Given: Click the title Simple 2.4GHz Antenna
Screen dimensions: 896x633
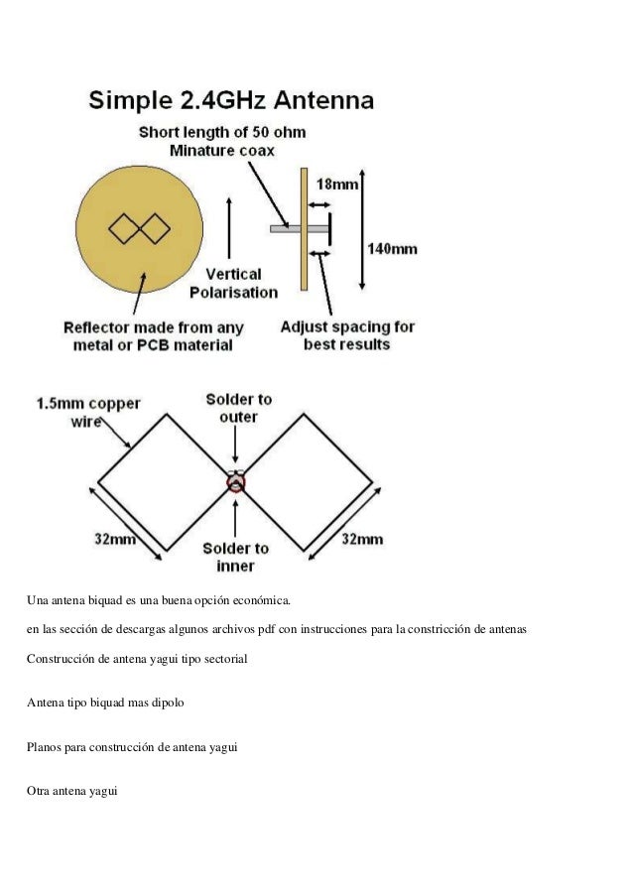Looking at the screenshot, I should tap(231, 100).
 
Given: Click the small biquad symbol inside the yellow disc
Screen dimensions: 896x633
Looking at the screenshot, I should tap(140, 229).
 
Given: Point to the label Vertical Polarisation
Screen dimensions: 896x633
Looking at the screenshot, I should tap(233, 283).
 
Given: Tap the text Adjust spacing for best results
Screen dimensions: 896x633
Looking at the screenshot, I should tap(347, 335).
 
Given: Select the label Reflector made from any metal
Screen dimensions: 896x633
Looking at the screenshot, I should tap(153, 335).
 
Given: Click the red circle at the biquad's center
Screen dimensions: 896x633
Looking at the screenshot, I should tap(235, 483).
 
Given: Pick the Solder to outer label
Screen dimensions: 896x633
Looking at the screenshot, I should tap(238, 408).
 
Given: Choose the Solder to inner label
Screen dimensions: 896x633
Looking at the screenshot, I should tap(235, 557).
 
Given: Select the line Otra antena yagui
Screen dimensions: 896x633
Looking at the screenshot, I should tap(71, 791).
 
